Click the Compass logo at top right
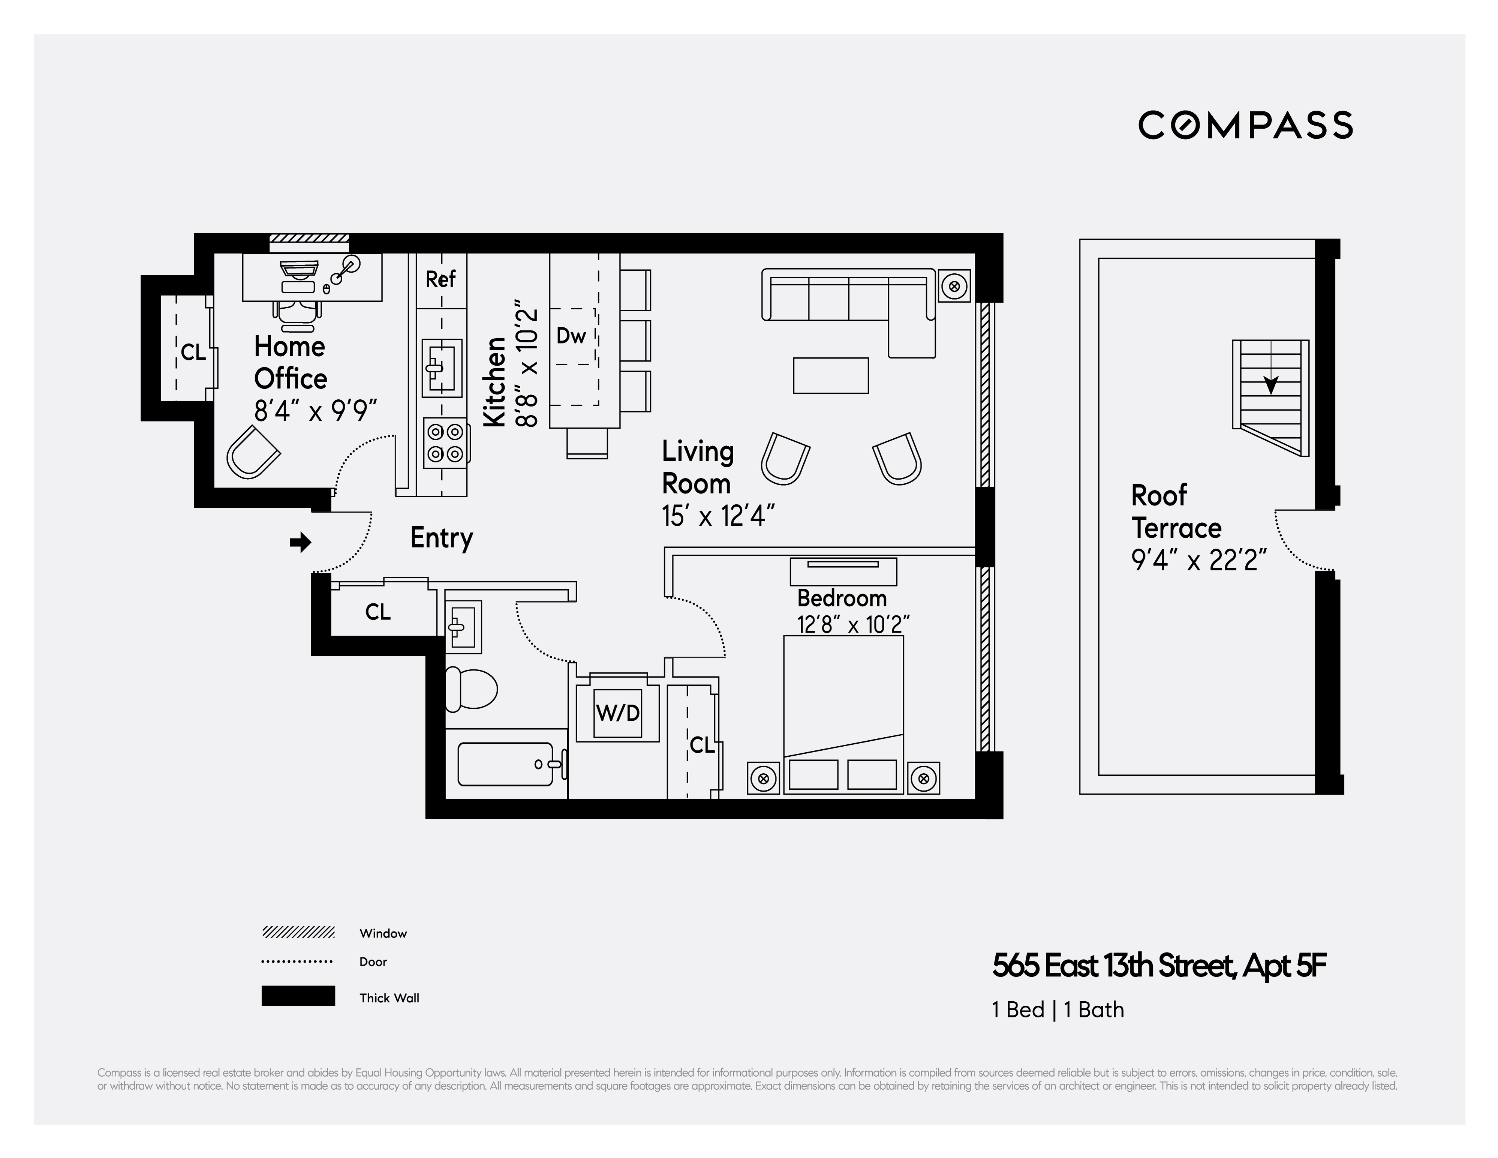click(x=1246, y=125)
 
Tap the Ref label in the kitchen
click(x=440, y=279)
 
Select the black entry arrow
click(x=300, y=543)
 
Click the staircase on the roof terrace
click(x=1270, y=398)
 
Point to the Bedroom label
click(x=842, y=598)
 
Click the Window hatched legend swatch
click(x=298, y=932)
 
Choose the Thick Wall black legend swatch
click(x=298, y=996)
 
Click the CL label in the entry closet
click(x=378, y=612)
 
